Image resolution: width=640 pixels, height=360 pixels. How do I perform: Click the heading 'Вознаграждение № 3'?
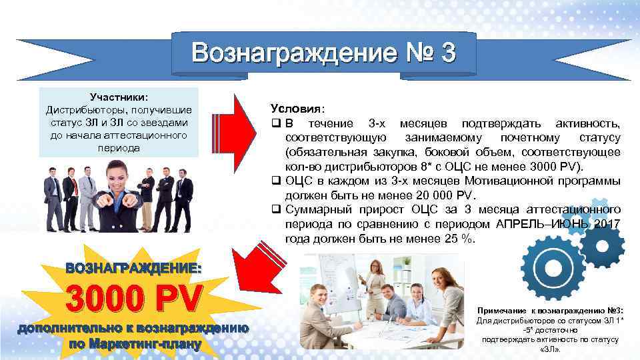coord(324,53)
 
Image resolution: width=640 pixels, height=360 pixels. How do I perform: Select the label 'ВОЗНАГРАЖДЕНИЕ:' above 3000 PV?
coord(133,268)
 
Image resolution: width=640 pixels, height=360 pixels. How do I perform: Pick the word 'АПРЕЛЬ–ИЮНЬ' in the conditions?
coord(539,224)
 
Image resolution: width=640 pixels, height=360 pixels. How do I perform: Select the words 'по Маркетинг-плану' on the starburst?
coord(133,344)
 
